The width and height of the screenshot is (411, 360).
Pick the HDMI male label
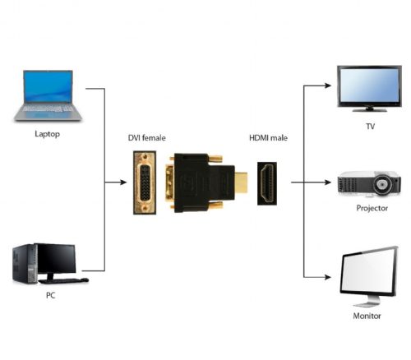(268, 138)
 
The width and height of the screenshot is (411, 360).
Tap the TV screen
(369, 85)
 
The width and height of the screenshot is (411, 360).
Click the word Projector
(372, 208)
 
